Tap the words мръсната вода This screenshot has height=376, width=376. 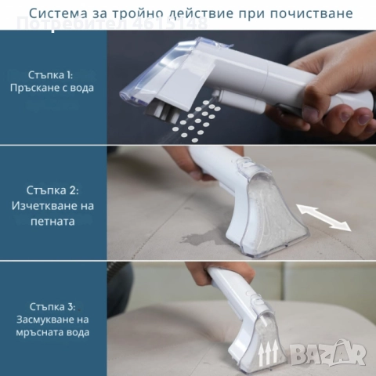[x=54, y=332]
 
